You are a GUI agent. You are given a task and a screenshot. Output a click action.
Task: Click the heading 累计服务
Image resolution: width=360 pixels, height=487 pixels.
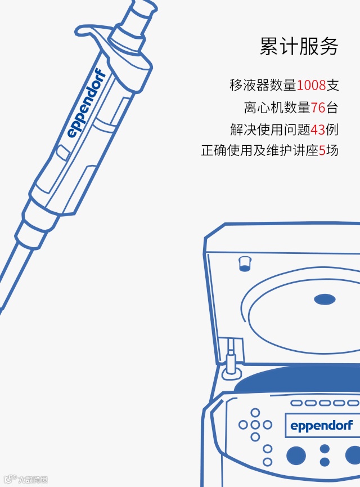click(299, 47)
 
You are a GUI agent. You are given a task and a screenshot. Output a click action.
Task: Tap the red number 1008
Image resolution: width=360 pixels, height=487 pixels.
click(311, 85)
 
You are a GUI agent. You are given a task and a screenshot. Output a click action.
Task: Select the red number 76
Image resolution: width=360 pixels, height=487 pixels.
click(318, 108)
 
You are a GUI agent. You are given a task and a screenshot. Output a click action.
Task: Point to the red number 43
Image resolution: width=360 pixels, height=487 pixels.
click(318, 129)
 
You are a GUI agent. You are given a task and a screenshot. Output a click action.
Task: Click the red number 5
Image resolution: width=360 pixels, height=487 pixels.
click(322, 151)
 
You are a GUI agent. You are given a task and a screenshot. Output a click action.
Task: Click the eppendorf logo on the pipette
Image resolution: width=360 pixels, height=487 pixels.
click(87, 103)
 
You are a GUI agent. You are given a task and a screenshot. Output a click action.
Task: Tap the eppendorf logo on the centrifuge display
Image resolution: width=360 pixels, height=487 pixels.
click(322, 426)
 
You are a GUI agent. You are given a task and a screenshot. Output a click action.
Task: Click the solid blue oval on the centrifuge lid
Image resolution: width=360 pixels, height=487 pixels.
click(325, 300)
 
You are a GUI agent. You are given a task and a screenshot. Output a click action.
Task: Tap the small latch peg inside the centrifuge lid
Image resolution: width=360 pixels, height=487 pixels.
click(245, 263)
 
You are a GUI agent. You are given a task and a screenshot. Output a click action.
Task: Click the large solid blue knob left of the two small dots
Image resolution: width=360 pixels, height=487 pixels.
click(296, 455)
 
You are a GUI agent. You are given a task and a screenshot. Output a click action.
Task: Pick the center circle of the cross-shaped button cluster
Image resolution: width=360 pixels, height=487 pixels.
click(255, 425)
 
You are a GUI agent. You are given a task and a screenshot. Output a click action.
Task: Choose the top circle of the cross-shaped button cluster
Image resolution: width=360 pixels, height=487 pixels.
click(255, 413)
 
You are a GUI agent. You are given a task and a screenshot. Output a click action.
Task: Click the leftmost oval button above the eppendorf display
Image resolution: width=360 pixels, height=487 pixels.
click(296, 403)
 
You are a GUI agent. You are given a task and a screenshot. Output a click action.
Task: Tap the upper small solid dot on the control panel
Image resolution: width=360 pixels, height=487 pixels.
click(325, 449)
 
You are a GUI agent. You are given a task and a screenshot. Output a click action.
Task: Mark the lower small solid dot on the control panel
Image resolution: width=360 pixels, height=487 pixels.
click(325, 462)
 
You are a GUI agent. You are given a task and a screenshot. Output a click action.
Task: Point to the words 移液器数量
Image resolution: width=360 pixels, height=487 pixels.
click(263, 85)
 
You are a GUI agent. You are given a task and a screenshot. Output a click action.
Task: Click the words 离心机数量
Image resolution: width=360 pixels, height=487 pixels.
click(277, 108)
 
